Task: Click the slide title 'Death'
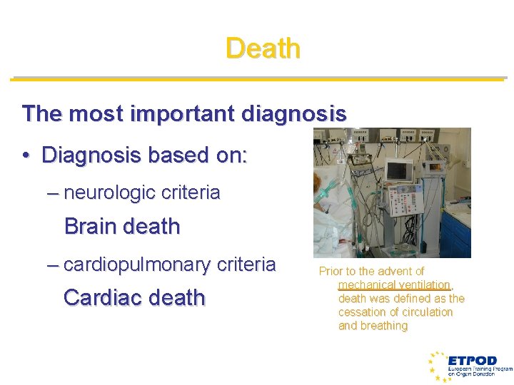(x=263, y=48)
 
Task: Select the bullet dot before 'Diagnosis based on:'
(x=26, y=155)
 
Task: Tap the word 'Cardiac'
(x=99, y=297)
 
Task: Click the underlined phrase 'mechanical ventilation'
(x=394, y=284)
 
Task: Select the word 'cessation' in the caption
(x=363, y=312)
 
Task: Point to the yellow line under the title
(x=257, y=78)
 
